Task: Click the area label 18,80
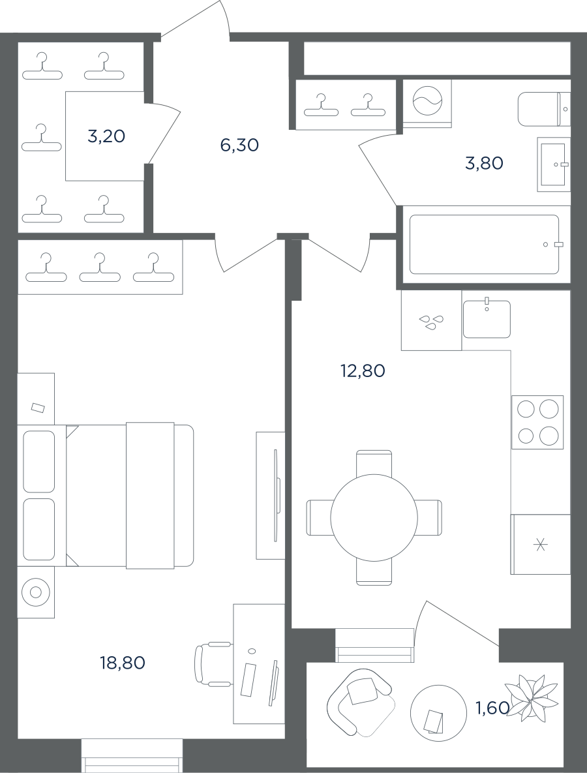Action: click(123, 663)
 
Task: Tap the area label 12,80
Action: click(363, 371)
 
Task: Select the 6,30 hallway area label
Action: click(239, 145)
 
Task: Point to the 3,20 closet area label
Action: click(106, 136)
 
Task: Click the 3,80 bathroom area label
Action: click(484, 162)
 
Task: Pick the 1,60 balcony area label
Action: click(492, 708)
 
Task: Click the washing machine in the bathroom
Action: click(427, 104)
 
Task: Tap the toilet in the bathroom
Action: click(544, 108)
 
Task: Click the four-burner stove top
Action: click(537, 422)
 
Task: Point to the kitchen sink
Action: click(487, 318)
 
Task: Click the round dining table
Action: click(374, 518)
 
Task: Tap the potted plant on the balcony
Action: click(532, 699)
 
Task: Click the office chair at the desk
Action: click(213, 664)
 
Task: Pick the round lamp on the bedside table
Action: click(35, 592)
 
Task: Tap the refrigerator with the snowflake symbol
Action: click(541, 544)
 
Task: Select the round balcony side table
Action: click(438, 713)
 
